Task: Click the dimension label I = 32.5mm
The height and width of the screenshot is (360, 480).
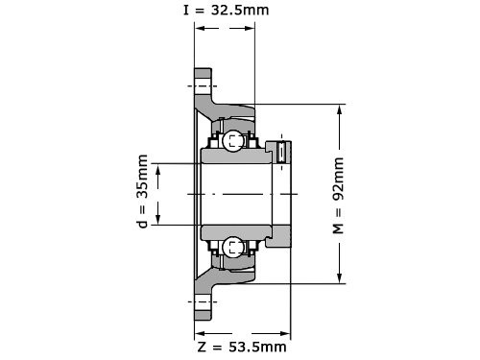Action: click(226, 10)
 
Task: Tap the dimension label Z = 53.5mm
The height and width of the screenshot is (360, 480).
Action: click(242, 347)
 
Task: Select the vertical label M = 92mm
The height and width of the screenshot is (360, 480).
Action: click(338, 196)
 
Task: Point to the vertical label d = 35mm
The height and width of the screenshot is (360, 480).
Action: click(143, 191)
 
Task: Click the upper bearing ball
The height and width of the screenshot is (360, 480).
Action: click(232, 140)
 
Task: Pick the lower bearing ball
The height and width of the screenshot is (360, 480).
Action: click(232, 248)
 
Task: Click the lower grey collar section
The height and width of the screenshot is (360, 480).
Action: click(277, 236)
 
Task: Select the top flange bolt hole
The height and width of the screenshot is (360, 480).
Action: click(203, 85)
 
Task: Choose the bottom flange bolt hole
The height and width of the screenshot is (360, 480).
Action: click(203, 301)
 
